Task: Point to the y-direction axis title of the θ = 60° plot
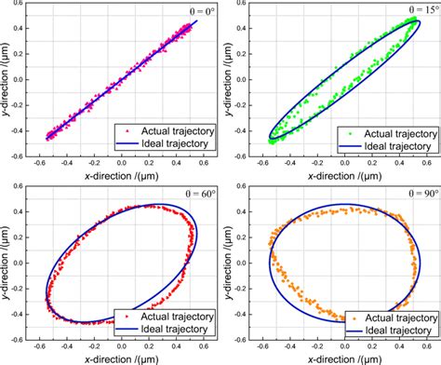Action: coord(7,264)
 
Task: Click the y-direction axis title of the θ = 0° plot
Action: coord(7,81)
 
